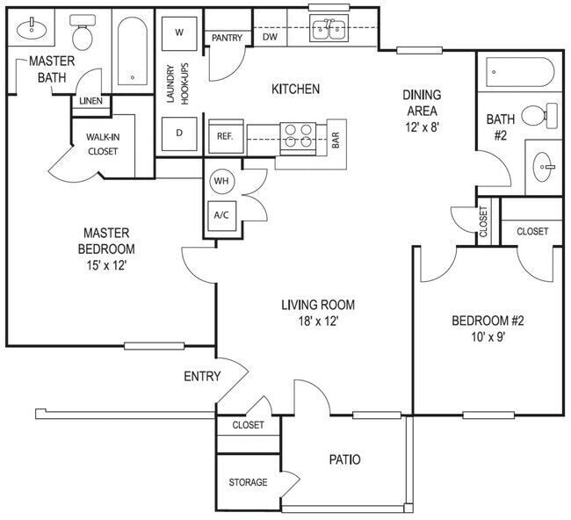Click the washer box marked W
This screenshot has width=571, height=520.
click(x=179, y=32)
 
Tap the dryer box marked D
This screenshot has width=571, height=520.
click(x=179, y=134)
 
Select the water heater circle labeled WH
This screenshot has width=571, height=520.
click(x=220, y=180)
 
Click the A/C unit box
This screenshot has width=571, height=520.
click(x=220, y=214)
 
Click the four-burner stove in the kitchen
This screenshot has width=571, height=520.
click(x=298, y=135)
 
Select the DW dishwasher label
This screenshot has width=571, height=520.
click(x=270, y=37)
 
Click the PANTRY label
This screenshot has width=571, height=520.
click(x=228, y=37)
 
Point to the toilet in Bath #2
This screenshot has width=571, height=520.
click(x=540, y=115)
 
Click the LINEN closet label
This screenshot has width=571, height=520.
click(x=91, y=101)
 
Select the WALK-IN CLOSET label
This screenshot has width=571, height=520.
click(x=102, y=144)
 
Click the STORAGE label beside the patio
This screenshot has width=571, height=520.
click(x=248, y=482)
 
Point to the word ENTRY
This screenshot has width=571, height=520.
click(x=201, y=377)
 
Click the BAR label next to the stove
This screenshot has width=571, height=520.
click(x=335, y=139)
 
